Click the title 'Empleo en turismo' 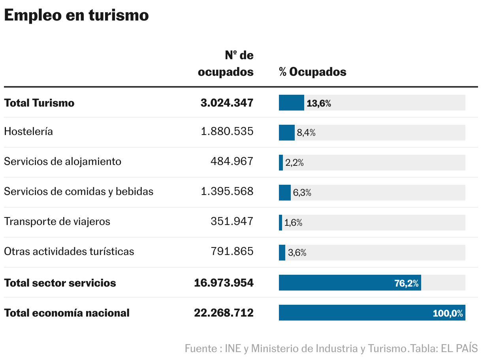click(76, 15)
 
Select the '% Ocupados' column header click(313, 72)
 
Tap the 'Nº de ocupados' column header click(226, 64)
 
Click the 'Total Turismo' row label click(39, 103)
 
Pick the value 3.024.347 click(227, 103)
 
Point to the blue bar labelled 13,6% click(291, 103)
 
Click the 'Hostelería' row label click(28, 131)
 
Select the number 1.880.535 click(227, 131)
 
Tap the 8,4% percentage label click(306, 133)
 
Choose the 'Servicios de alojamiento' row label click(62, 161)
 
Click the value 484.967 click(232, 161)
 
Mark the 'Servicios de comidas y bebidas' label click(79, 191)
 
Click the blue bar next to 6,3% click(284, 193)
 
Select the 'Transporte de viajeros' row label click(57, 221)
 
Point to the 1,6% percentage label click(293, 223)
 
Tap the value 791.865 click(232, 251)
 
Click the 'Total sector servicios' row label click(60, 283)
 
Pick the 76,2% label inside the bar click(406, 283)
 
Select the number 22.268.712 click(224, 313)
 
